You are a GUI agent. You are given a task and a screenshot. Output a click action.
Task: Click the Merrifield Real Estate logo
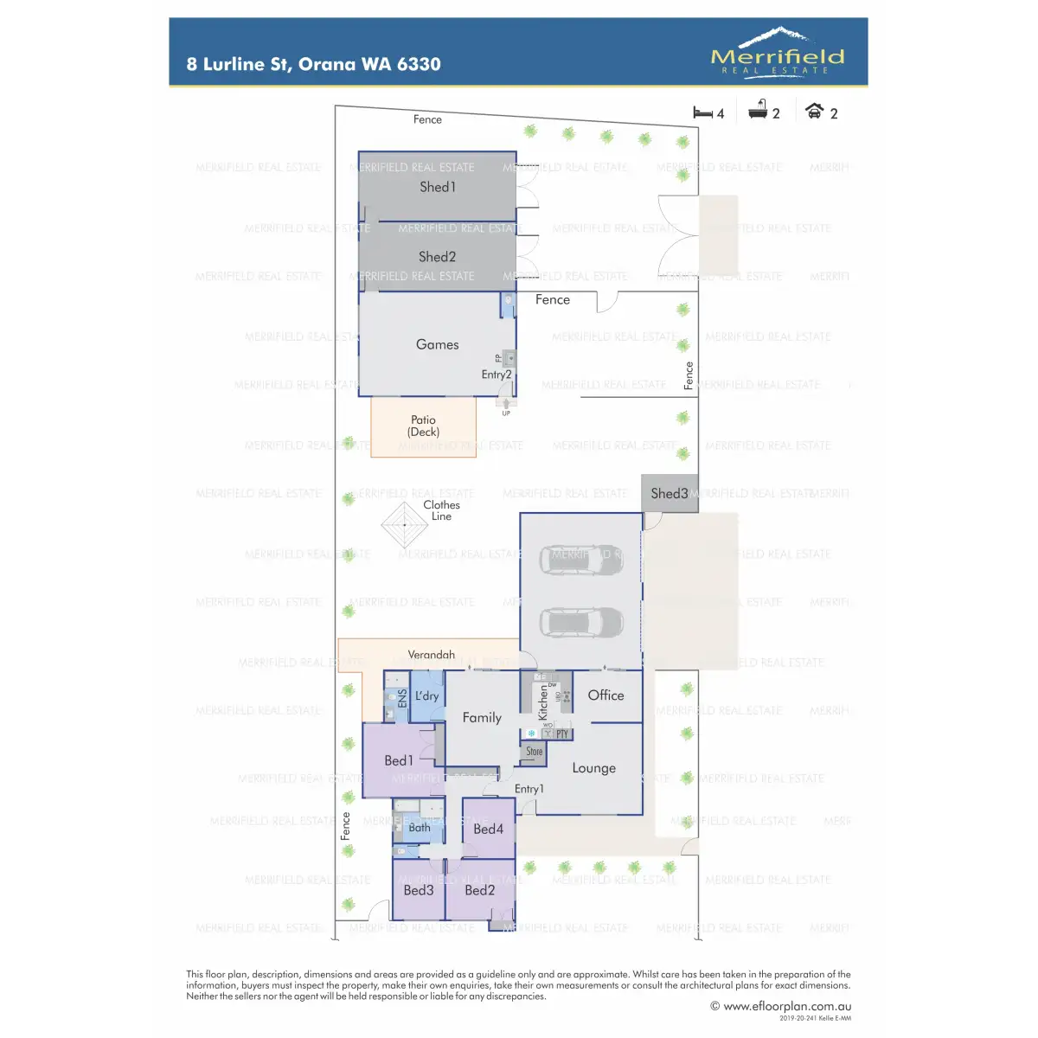777,51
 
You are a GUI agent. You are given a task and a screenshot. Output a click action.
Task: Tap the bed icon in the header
702,112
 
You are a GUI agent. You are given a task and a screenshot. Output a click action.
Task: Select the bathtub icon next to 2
758,110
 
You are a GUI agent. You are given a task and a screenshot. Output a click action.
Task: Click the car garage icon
814,111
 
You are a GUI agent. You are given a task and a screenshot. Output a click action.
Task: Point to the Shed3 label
670,494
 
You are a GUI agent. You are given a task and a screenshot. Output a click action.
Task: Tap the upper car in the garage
581,560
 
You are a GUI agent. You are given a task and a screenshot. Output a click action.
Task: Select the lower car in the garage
581,622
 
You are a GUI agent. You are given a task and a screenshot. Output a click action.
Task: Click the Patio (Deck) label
424,426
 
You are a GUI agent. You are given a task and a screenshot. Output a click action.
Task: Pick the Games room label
438,344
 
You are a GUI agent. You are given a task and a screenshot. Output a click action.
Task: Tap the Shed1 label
438,187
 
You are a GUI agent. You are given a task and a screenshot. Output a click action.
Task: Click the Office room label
605,695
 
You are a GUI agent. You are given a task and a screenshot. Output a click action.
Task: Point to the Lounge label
593,768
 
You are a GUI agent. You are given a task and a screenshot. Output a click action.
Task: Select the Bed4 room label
488,829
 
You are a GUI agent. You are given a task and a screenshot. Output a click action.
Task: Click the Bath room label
420,828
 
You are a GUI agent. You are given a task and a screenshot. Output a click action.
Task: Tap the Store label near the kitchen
535,752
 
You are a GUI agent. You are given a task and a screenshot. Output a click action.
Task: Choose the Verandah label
432,655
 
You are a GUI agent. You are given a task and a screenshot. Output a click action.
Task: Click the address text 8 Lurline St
313,64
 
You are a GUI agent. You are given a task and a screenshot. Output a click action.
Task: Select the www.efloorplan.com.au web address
787,1006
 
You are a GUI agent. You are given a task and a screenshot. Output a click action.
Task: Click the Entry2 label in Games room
497,375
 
